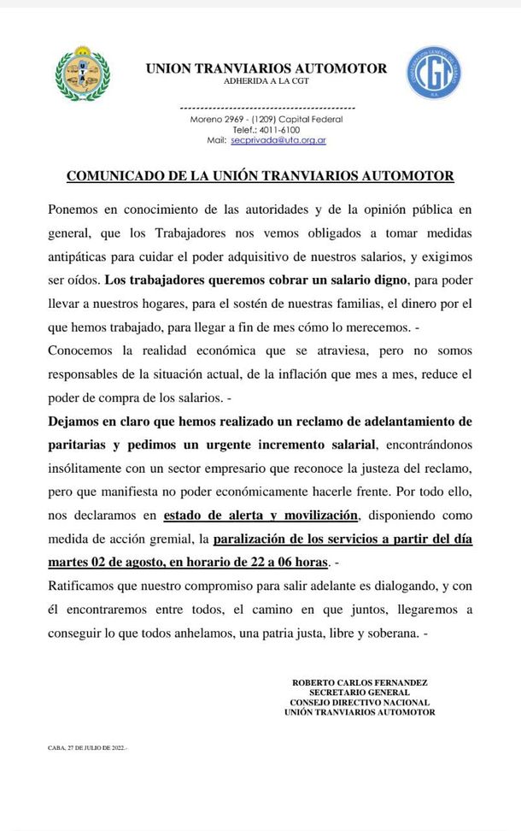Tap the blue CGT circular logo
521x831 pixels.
[434, 73]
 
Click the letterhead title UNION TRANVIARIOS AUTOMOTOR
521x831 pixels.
[266, 68]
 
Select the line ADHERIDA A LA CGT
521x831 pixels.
[266, 81]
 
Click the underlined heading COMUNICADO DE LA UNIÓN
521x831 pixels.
[260, 176]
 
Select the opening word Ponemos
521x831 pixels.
[74, 209]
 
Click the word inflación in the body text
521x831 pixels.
[301, 374]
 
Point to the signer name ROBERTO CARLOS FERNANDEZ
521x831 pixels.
[360, 683]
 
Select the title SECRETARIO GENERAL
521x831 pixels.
[360, 692]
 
